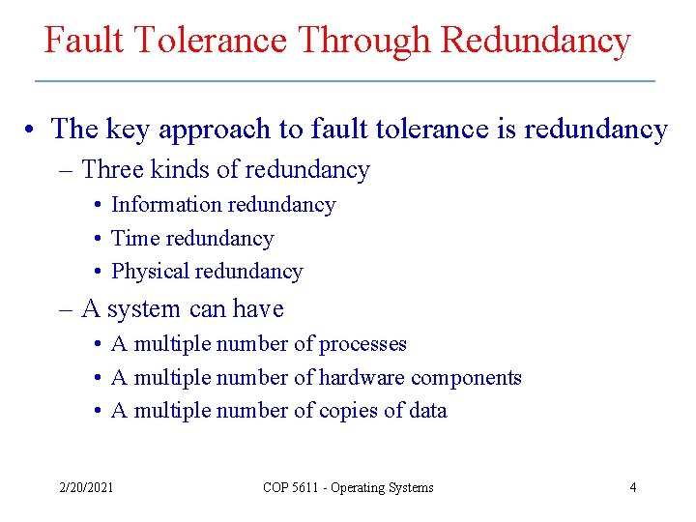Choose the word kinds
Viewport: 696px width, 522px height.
coord(179,170)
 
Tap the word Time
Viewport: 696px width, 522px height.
coord(131,239)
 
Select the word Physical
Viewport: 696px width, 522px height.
coord(151,272)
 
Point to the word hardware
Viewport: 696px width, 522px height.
coord(361,378)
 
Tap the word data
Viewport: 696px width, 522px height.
coord(427,411)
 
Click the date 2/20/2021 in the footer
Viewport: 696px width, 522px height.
coord(86,487)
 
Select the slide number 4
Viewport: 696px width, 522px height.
coord(633,487)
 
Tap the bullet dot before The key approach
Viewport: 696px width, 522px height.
coord(33,130)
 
